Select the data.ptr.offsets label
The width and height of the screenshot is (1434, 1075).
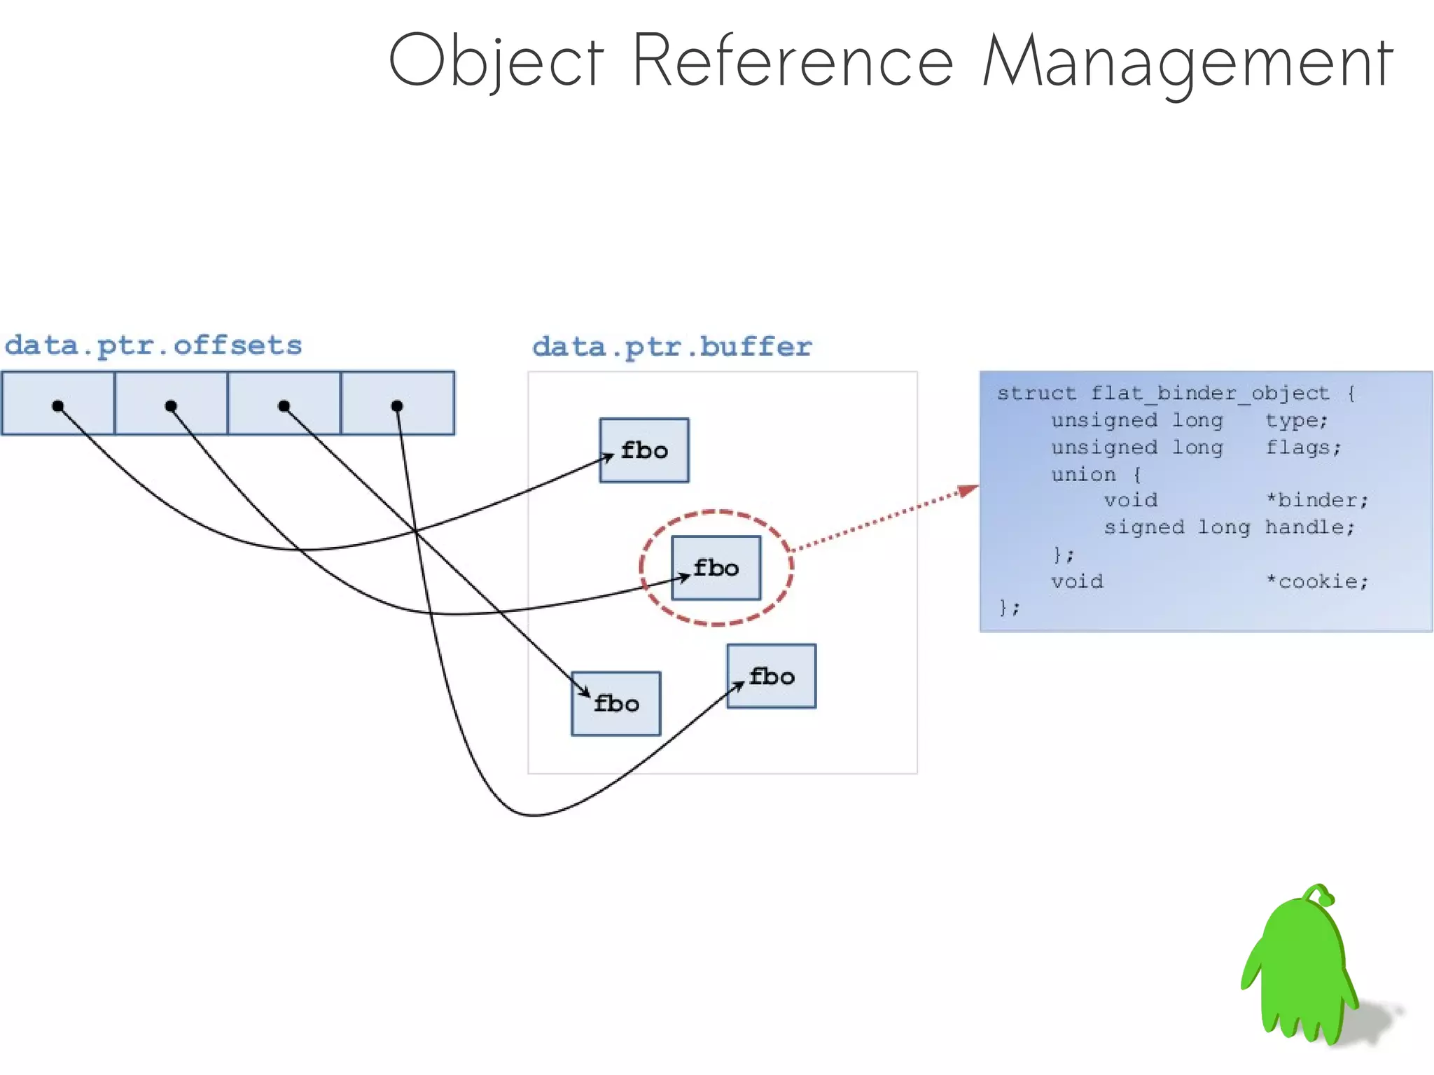point(153,345)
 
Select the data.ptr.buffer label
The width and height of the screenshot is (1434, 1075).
point(672,347)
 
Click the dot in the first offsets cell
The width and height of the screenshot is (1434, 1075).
point(58,406)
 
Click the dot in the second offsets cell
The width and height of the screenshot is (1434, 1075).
point(171,406)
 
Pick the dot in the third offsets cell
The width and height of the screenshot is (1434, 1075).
point(284,406)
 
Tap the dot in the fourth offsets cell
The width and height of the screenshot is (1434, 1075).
point(397,406)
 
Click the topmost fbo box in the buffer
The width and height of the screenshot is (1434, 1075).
point(644,450)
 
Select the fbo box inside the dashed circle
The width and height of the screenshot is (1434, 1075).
point(716,568)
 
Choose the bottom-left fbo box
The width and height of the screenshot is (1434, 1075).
point(616,704)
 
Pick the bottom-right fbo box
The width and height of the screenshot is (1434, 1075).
point(772,677)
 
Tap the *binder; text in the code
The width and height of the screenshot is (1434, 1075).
point(1316,500)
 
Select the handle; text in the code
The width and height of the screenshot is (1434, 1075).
point(1309,527)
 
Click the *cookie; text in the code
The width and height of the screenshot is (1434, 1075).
point(1316,581)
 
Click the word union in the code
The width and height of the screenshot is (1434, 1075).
point(1083,475)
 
